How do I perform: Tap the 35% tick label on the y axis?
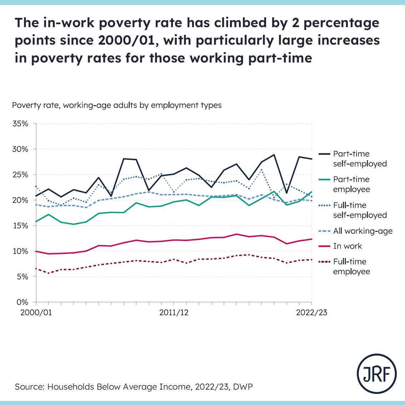(20, 124)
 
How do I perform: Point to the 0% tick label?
(22, 302)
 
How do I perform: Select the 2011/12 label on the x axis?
(174, 312)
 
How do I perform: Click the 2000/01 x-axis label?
(36, 312)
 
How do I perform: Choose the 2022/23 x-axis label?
(311, 312)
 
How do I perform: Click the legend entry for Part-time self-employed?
(360, 159)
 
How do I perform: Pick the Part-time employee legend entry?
(351, 184)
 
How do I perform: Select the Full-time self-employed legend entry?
(360, 210)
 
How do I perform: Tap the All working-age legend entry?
(362, 231)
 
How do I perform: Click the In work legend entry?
(347, 246)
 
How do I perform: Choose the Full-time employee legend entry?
(351, 266)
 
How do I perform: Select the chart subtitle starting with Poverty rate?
(117, 105)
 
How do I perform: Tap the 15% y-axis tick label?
(20, 226)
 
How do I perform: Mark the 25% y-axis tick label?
(20, 175)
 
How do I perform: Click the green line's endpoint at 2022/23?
(311, 192)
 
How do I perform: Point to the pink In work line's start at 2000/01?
(36, 251)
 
